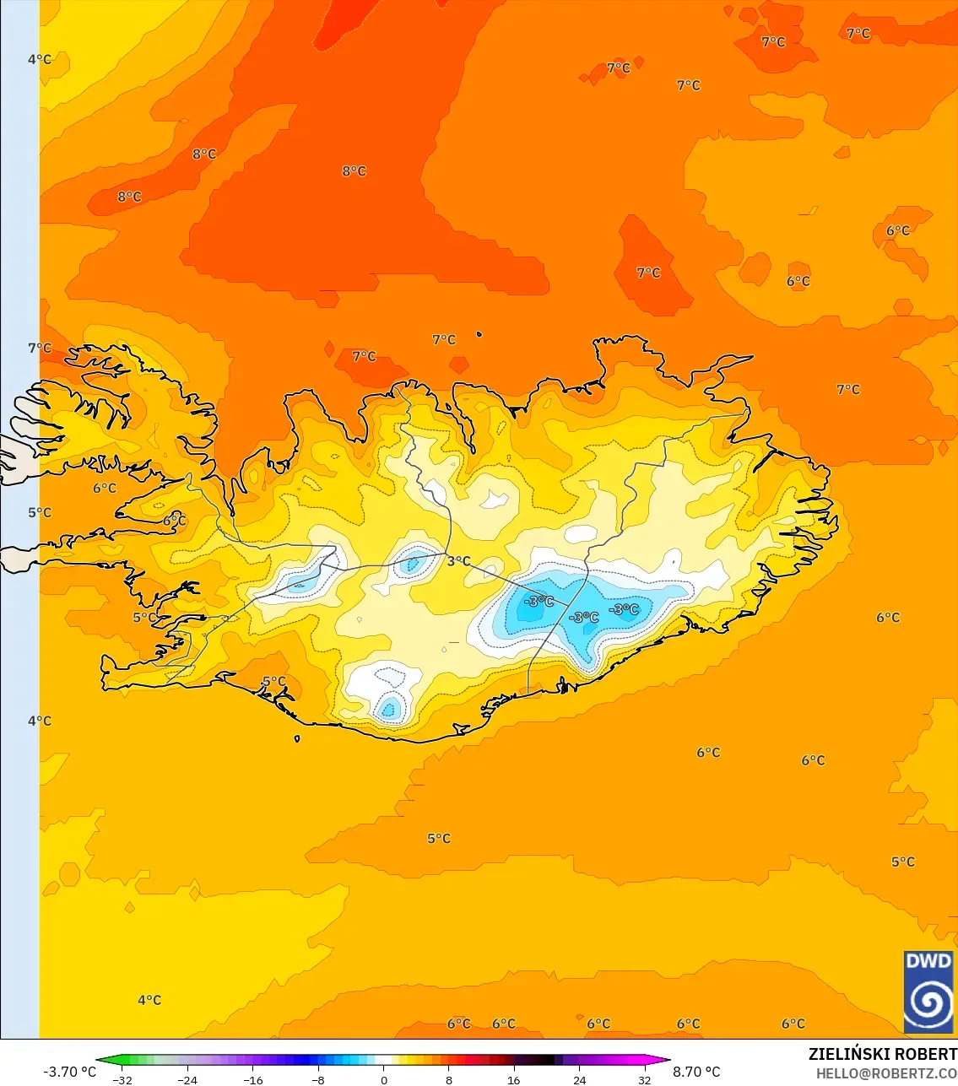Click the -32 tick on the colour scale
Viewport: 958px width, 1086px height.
coord(122,1079)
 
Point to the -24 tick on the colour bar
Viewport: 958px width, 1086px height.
coord(187,1079)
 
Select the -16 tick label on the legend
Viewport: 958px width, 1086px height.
coord(252,1079)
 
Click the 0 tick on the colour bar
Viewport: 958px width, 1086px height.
coord(384,1079)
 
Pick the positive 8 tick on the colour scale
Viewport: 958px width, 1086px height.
coord(449,1079)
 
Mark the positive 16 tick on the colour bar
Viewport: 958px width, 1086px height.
coord(514,1079)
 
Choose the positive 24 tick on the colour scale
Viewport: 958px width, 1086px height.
coord(579,1079)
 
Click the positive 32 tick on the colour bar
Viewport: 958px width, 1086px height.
coord(645,1079)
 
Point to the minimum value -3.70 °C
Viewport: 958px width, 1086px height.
coord(69,1072)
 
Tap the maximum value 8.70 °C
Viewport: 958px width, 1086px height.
coord(696,1072)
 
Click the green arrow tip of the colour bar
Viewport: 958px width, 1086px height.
coord(99,1061)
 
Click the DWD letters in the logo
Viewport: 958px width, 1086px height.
coord(928,961)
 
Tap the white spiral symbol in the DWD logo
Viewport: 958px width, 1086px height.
coord(928,1002)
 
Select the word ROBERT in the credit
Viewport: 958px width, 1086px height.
coord(926,1054)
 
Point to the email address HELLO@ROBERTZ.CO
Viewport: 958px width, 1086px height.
coord(886,1073)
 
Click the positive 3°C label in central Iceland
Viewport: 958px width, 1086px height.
coord(458,561)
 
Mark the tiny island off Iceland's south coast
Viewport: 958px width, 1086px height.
coord(297,739)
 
